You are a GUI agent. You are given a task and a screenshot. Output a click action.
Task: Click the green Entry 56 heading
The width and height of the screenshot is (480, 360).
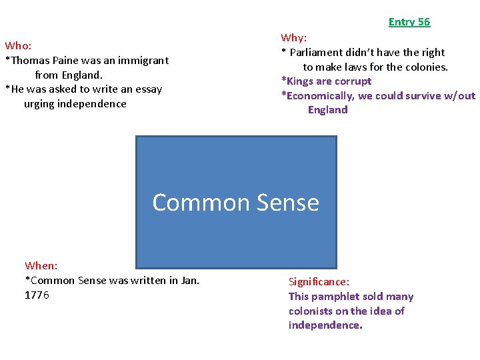click(x=409, y=22)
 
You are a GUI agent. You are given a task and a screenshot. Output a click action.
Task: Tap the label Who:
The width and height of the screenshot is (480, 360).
click(x=18, y=46)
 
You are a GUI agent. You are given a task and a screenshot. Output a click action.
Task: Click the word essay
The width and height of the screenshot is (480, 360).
click(x=147, y=89)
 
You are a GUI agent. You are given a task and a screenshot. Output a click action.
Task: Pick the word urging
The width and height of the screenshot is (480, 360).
click(x=40, y=104)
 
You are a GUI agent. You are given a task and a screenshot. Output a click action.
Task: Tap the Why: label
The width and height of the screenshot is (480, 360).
click(x=293, y=38)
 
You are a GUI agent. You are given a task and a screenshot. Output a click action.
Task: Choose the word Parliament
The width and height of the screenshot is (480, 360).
click(x=318, y=53)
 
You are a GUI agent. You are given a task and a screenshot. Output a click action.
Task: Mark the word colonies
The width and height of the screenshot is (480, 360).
click(x=425, y=67)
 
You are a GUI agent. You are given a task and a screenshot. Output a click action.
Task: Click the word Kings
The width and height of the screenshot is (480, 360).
click(x=299, y=81)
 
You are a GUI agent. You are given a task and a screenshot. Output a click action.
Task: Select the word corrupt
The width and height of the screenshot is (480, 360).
click(x=353, y=81)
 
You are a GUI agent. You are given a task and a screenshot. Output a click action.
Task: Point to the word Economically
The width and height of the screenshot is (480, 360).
click(x=320, y=96)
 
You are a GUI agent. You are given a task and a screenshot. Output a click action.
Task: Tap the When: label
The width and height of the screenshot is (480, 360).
click(x=41, y=266)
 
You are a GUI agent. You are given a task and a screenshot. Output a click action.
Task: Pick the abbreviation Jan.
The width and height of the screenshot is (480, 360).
click(x=190, y=281)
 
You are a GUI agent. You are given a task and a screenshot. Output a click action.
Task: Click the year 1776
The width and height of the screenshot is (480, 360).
click(x=37, y=295)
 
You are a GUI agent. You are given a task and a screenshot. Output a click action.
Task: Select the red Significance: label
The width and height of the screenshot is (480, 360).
click(x=319, y=282)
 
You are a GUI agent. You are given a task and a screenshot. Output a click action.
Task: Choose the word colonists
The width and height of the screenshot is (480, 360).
click(x=314, y=311)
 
